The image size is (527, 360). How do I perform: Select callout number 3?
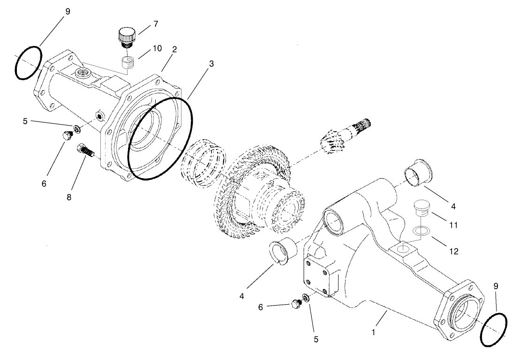click(211, 63)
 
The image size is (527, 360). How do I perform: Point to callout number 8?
click(69, 197)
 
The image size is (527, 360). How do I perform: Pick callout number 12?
click(452, 251)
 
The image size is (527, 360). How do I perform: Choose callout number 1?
click(373, 332)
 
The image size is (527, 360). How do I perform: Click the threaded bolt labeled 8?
click(85, 150)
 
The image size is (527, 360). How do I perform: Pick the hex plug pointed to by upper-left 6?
click(67, 136)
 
